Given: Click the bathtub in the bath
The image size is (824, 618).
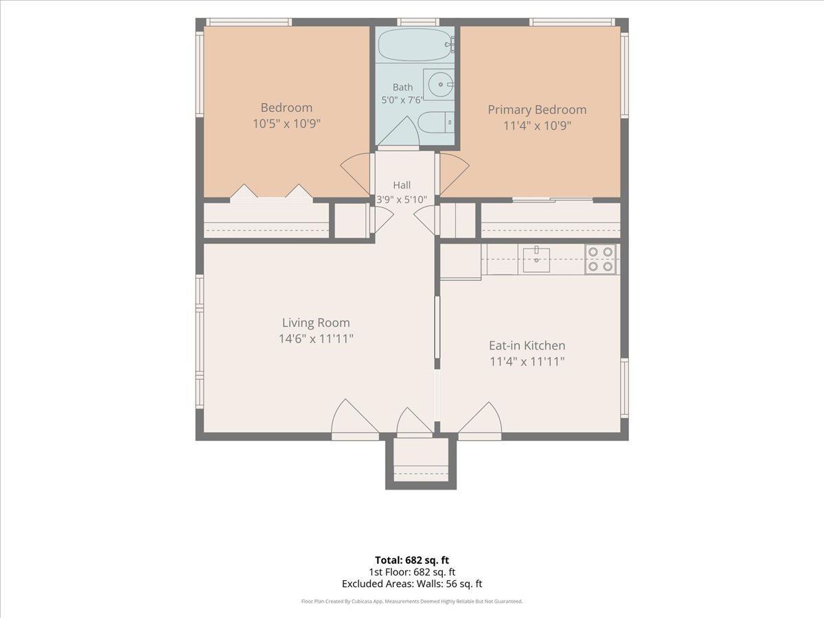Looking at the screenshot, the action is (x=415, y=45).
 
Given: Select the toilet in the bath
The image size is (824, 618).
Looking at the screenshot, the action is (x=436, y=122).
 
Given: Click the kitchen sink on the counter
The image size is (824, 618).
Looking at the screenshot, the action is (x=536, y=260).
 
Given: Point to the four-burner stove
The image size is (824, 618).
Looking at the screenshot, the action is (x=600, y=260).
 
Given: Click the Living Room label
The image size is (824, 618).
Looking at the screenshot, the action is (x=316, y=323).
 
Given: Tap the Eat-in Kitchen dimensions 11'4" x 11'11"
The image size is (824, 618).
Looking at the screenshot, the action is (x=527, y=361).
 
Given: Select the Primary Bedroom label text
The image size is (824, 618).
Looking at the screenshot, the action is (x=537, y=110).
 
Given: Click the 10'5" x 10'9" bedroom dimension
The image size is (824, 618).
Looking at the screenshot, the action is (x=286, y=124).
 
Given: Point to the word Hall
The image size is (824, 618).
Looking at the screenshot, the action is (x=402, y=185).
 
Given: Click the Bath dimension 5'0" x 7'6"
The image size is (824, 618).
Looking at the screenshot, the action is (x=402, y=100).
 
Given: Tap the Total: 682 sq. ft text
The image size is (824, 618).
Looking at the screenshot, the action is (x=412, y=560).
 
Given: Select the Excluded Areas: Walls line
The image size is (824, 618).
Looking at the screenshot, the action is (x=412, y=584).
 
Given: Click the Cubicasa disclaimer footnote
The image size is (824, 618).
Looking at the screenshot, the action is (x=412, y=601).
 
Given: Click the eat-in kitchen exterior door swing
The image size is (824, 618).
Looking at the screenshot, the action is (x=480, y=417).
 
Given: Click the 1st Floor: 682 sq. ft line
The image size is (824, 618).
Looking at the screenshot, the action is (x=412, y=572).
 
